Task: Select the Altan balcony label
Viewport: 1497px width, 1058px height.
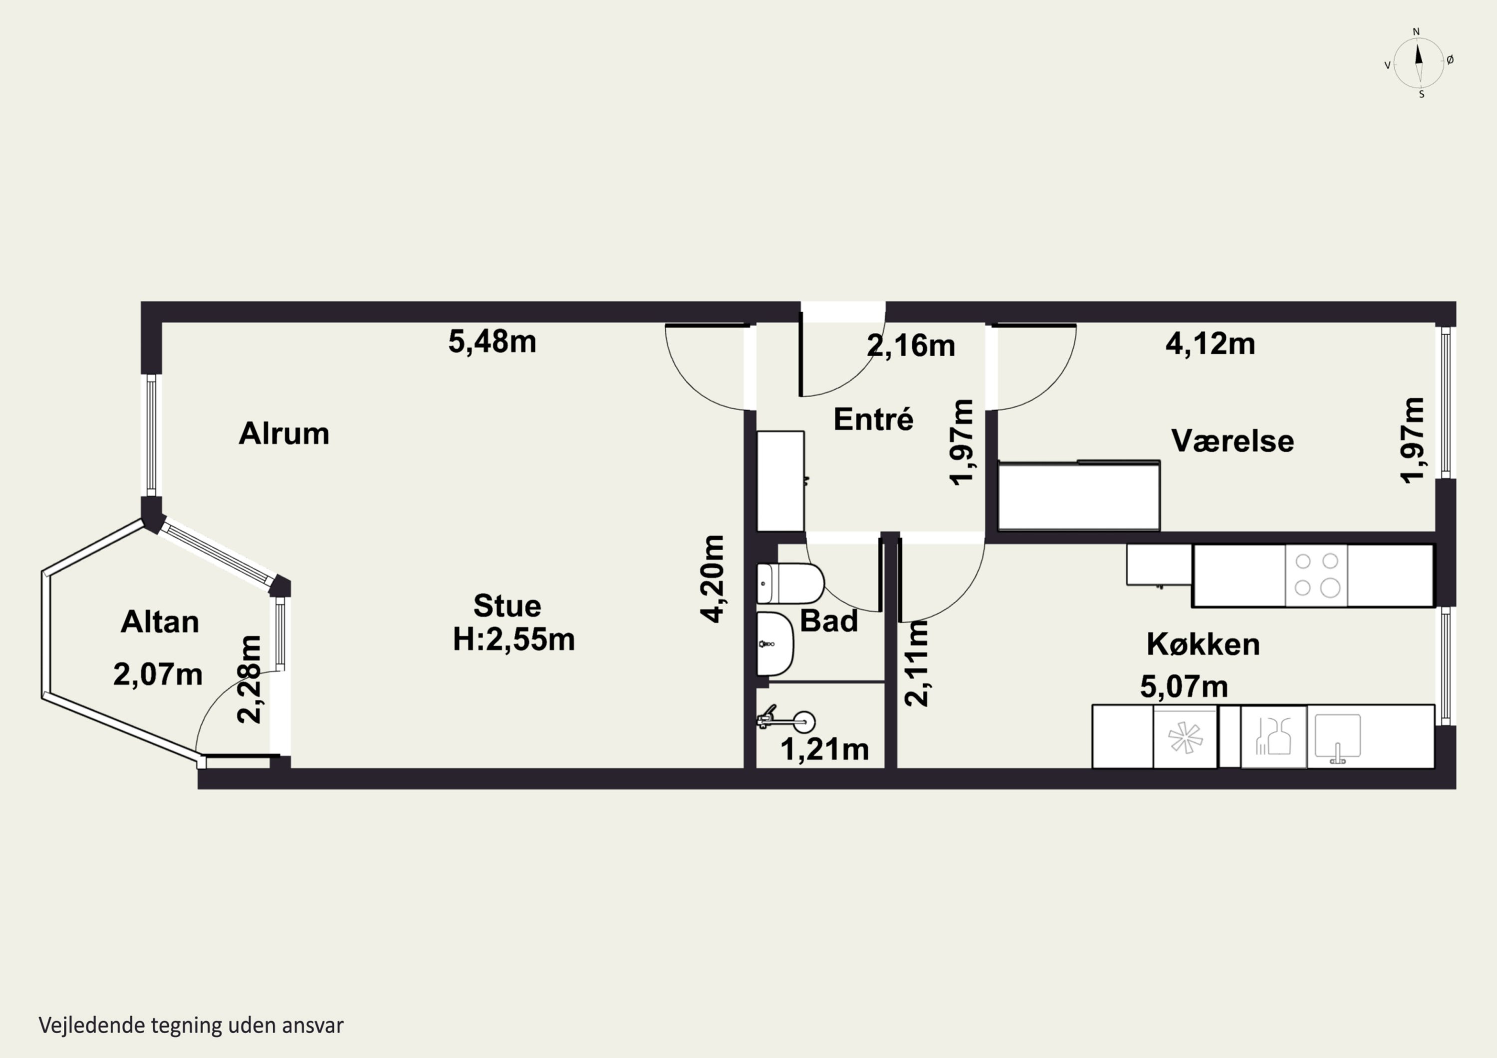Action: click(160, 623)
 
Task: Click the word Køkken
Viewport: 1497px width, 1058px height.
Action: click(1203, 644)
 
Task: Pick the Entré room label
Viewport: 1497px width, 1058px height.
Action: click(873, 419)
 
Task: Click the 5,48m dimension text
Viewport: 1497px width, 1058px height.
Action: click(492, 342)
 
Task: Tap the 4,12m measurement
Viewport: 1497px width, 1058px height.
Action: click(1210, 344)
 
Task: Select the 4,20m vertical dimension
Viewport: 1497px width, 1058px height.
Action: click(712, 579)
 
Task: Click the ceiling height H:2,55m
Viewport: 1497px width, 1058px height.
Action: click(514, 640)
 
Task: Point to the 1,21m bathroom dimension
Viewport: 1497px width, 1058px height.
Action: click(825, 750)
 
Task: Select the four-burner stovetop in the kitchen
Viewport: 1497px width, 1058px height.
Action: click(1316, 576)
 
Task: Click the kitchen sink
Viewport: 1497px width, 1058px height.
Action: click(1338, 737)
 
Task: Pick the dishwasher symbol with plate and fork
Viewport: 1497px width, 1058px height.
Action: click(1273, 737)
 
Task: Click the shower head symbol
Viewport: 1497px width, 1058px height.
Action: click(785, 720)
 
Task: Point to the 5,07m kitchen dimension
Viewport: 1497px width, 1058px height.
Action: click(1184, 686)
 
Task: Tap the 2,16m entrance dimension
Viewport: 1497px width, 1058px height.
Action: click(911, 346)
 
